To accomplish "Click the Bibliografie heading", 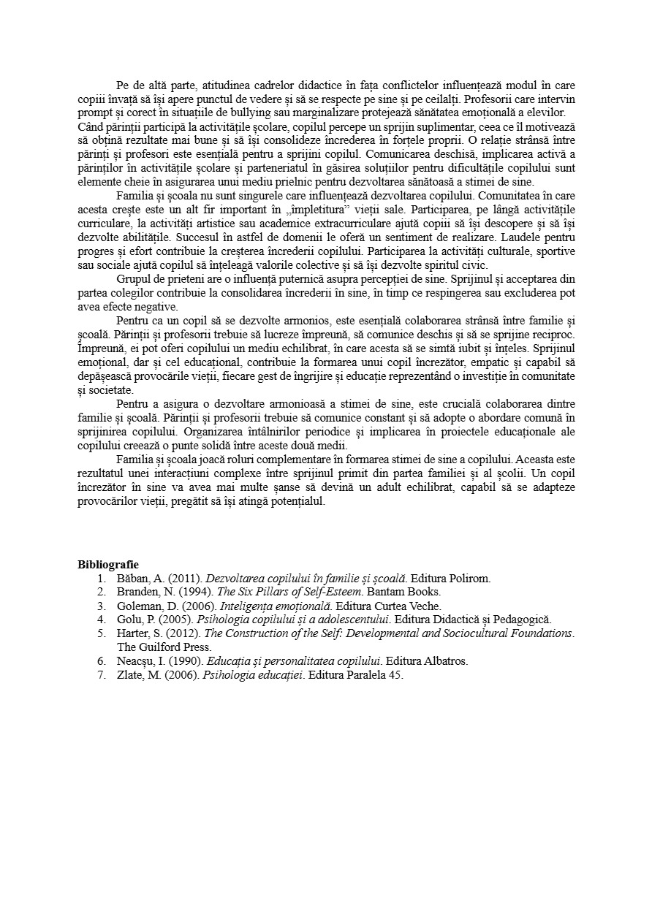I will pos(108,564).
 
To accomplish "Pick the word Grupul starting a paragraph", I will pos(134,279).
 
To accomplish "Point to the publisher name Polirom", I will pos(469,579).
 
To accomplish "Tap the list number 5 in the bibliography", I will pos(102,633).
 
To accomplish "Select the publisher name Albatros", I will pos(445,661).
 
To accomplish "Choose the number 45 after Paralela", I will pos(395,675).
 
